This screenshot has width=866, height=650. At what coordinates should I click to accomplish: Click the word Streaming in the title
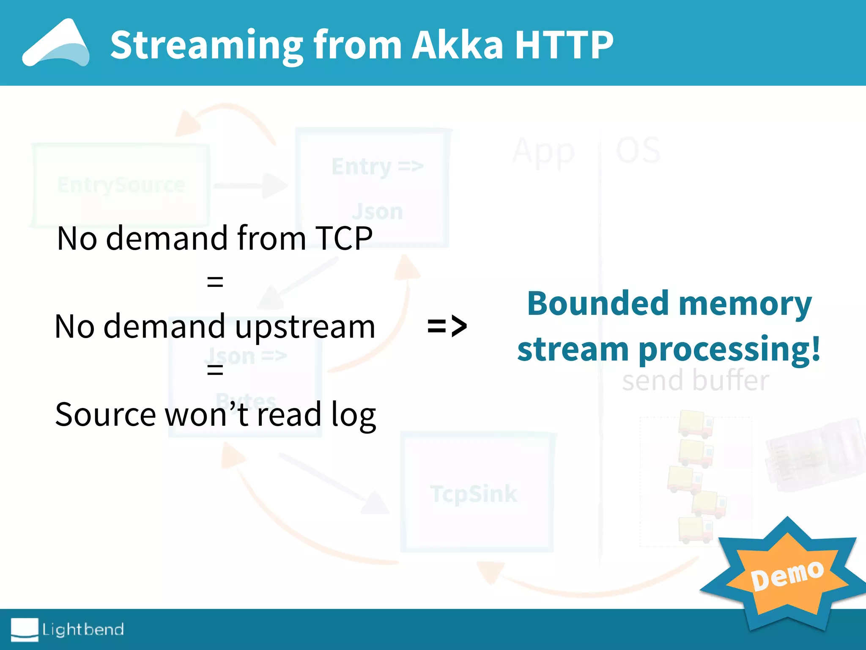point(206,45)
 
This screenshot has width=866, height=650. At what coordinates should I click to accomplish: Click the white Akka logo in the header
point(56,43)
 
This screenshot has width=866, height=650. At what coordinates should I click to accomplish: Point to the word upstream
point(305,327)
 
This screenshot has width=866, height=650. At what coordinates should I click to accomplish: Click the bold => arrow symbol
point(447,326)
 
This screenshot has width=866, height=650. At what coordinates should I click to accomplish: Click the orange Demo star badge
point(787,576)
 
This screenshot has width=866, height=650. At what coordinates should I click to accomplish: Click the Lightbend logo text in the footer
point(83,629)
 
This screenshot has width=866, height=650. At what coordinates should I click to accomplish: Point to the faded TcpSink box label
point(474,493)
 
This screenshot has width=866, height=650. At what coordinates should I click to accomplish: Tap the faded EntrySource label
point(121,185)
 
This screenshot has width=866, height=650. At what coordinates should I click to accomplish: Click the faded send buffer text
point(695,380)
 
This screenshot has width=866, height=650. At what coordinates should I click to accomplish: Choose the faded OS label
point(638,150)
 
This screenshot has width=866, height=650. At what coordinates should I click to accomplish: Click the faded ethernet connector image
point(814,455)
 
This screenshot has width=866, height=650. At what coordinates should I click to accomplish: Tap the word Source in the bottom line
point(105,415)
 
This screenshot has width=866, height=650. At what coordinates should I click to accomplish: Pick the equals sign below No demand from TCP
point(215,281)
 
